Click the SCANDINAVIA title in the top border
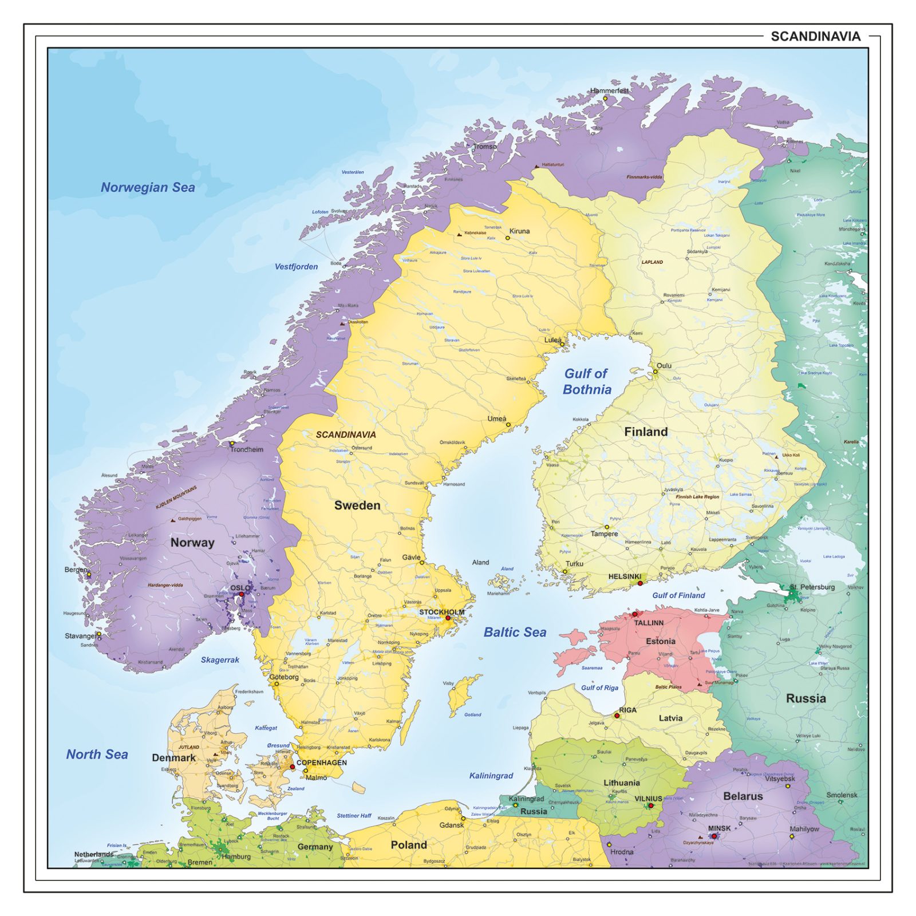pyautogui.click(x=815, y=37)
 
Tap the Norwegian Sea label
pyautogui.click(x=148, y=187)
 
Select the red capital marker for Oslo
pyautogui.click(x=242, y=594)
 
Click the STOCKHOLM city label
pyautogui.click(x=441, y=612)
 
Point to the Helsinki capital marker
pyautogui.click(x=640, y=583)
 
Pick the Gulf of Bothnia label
pyautogui.click(x=587, y=381)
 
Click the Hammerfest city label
pyautogui.click(x=609, y=90)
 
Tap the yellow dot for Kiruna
pyautogui.click(x=507, y=238)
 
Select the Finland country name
pyautogui.click(x=646, y=432)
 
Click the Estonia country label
pyautogui.click(x=661, y=641)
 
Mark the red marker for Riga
pyautogui.click(x=617, y=716)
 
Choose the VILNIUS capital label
pyautogui.click(x=648, y=799)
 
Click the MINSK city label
pyautogui.click(x=719, y=828)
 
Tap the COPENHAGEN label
pyautogui.click(x=321, y=763)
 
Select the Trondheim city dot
pyautogui.click(x=232, y=443)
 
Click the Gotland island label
pyautogui.click(x=472, y=714)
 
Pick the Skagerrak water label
pyautogui.click(x=220, y=660)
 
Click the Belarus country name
pyautogui.click(x=743, y=796)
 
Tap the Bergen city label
pyautogui.click(x=76, y=570)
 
